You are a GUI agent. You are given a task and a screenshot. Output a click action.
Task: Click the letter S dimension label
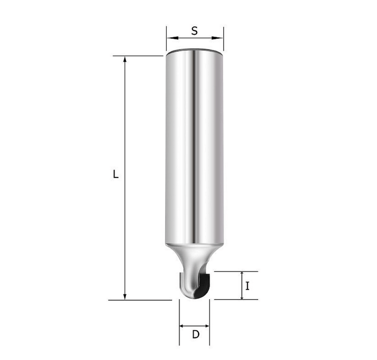coord(194,31)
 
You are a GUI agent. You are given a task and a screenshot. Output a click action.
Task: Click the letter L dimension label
coord(116,174)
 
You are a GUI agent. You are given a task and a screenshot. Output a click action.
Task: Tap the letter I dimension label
coord(248,286)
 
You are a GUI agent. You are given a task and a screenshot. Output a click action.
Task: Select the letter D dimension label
coord(195,334)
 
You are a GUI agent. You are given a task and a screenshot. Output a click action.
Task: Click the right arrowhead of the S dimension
coord(218,38)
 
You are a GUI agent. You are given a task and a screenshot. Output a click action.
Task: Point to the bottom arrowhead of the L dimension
coord(125,297)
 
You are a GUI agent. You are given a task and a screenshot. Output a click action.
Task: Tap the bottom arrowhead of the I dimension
coord(242,297)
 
